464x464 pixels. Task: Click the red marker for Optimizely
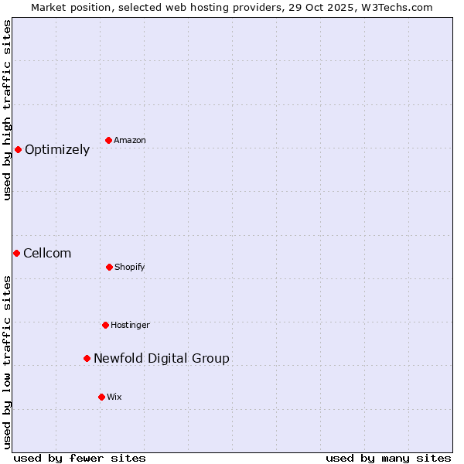coord(18,149)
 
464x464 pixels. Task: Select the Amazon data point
coord(108,140)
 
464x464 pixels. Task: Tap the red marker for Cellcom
coord(16,253)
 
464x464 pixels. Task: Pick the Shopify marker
coord(109,267)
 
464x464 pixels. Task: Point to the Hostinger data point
coord(105,325)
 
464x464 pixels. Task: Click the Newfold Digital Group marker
coord(87,358)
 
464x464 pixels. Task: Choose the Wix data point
coord(101,397)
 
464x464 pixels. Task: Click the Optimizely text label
coord(57,150)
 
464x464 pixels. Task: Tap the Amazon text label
coord(130,141)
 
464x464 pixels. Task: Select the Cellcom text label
coord(47,254)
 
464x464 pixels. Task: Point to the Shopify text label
coord(130,268)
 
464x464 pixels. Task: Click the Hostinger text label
coord(130,326)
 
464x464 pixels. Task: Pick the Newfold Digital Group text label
coord(162,359)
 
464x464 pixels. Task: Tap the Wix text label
coord(114,397)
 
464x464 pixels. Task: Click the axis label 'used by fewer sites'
coord(80,458)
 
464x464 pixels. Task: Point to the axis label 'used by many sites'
coord(388,458)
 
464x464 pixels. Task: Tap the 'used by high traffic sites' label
coord(7,110)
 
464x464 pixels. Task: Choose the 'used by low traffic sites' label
coord(7,362)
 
